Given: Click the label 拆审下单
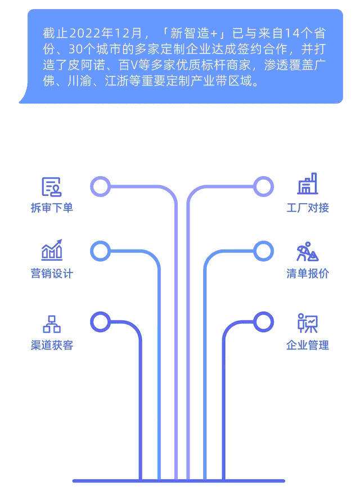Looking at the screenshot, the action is [x=52, y=208].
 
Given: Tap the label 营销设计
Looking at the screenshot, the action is [x=52, y=273].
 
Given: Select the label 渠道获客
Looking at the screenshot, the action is [x=52, y=345].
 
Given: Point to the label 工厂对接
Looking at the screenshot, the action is [x=308, y=208].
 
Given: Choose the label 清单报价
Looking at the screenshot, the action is [x=308, y=273].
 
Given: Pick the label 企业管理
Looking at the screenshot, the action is [x=308, y=345].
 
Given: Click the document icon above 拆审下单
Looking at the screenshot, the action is [x=52, y=187].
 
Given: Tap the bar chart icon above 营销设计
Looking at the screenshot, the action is [x=52, y=250].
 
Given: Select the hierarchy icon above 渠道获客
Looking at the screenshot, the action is [x=52, y=324].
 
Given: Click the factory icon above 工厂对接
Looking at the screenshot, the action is [x=308, y=184].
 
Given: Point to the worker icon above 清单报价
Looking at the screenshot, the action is [x=307, y=252].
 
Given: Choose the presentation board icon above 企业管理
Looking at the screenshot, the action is [x=307, y=323].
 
